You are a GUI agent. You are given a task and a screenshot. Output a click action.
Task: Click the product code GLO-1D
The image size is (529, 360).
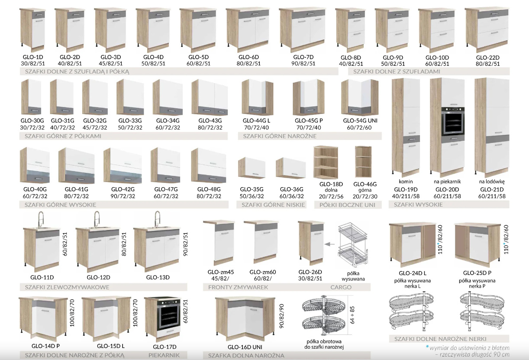click(x=33, y=57)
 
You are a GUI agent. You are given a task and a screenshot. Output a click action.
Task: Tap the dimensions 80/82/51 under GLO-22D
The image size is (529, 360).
click(x=488, y=64)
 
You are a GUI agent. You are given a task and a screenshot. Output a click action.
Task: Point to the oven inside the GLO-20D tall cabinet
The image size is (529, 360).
click(x=453, y=121)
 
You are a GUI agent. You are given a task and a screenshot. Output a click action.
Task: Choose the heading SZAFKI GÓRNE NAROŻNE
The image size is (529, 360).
click(x=280, y=136)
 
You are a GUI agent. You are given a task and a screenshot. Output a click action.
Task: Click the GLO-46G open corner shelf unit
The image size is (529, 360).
click(x=363, y=162)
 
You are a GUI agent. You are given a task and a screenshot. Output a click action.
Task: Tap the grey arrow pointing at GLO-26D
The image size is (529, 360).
click(x=329, y=244)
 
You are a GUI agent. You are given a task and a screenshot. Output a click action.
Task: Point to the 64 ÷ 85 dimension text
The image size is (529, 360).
click(x=352, y=315)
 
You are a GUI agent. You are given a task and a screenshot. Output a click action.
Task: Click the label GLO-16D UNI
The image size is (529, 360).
click(x=245, y=347)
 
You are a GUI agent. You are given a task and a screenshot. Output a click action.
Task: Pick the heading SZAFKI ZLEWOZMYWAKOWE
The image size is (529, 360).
click(x=67, y=287)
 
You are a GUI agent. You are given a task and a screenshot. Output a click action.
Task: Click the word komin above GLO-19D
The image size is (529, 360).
click(x=406, y=182)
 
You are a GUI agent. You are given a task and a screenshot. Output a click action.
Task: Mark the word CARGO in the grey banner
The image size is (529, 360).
click(x=341, y=287)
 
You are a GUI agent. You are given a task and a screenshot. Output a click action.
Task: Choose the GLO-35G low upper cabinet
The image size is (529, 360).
click(x=252, y=168)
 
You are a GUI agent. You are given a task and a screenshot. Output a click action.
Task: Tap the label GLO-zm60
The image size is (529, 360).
click(x=263, y=272)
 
